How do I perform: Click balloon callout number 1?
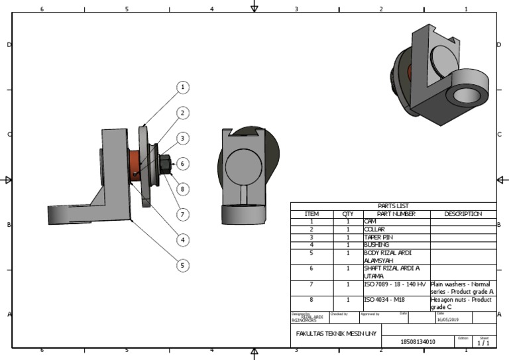click(184, 88)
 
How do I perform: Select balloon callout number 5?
click(184, 265)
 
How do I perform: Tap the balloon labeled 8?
click(184, 189)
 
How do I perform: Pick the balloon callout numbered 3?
click(184, 139)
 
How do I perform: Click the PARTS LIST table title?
click(393, 206)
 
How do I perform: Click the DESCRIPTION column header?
click(463, 214)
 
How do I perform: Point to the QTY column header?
click(347, 214)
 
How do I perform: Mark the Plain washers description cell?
click(463, 288)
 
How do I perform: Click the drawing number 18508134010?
click(418, 342)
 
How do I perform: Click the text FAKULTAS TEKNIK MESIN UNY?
click(336, 333)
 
